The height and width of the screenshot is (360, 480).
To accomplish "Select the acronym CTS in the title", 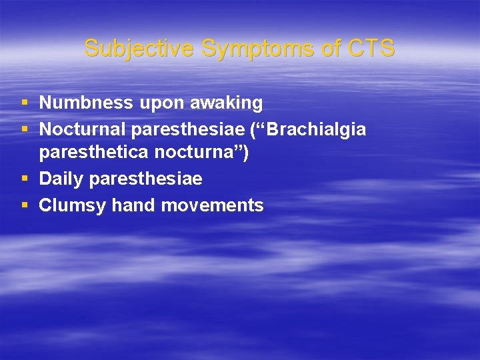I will [371, 48].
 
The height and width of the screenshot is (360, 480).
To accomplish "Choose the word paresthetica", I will [93, 154].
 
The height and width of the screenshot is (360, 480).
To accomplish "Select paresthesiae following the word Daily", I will [145, 179].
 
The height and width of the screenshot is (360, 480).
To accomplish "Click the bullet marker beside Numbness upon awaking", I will [25, 103].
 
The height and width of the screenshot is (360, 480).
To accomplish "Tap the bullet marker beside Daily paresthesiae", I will [25, 179].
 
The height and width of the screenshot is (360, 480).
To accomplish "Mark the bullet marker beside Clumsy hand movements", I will [25, 205].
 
